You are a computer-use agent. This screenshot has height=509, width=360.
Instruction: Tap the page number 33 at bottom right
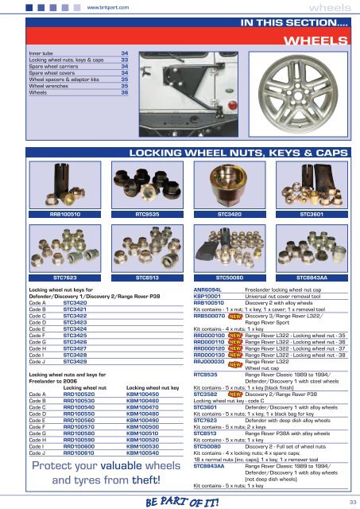point(348,501)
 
